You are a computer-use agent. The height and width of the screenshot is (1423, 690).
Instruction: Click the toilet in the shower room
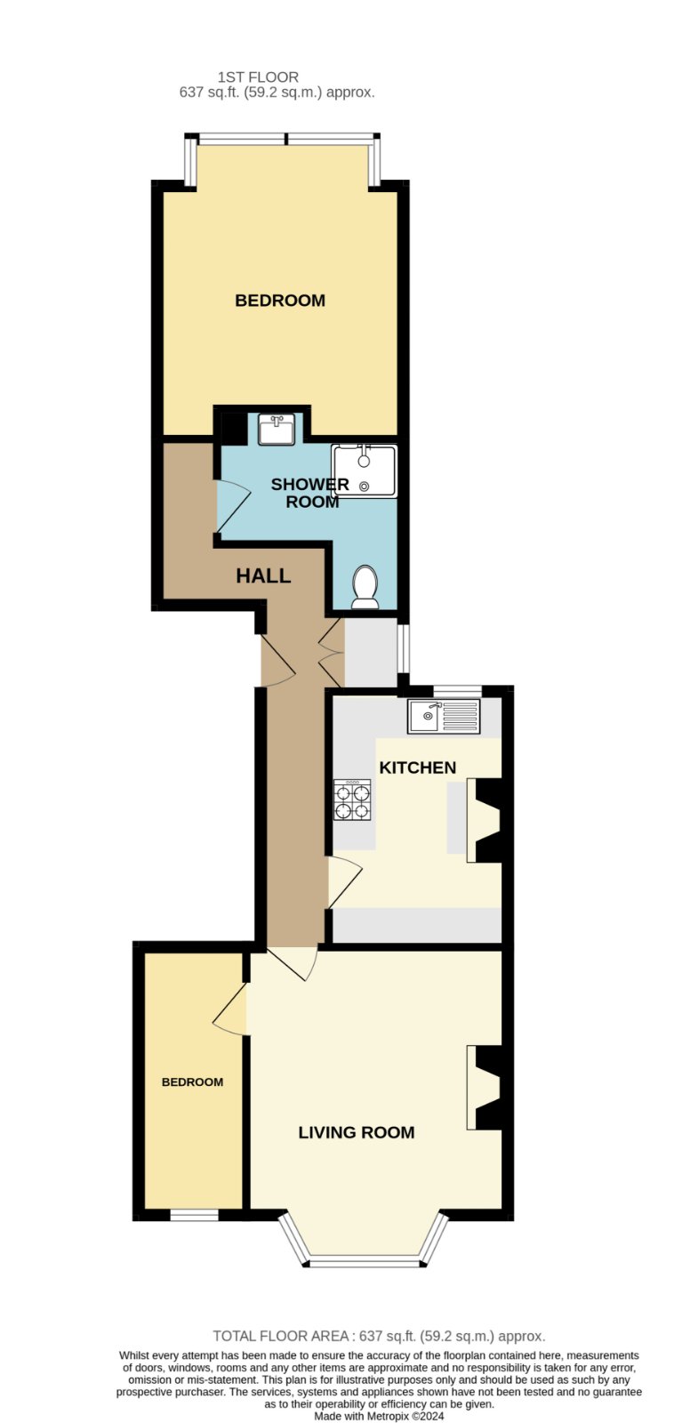(x=365, y=586)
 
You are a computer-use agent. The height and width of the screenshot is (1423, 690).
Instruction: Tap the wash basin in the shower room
(x=277, y=429)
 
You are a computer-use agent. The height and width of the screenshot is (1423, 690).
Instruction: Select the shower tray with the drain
(x=365, y=470)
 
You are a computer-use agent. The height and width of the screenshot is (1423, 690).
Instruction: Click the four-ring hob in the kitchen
(x=353, y=800)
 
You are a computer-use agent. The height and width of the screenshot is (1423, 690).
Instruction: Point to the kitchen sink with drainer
(x=445, y=716)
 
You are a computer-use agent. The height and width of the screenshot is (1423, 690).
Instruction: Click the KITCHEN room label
(x=417, y=768)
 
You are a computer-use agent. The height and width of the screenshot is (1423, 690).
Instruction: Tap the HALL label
(x=263, y=575)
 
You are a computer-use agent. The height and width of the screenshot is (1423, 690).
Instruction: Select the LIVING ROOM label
(x=357, y=1132)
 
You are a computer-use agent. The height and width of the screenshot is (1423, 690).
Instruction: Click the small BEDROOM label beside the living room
(x=193, y=1081)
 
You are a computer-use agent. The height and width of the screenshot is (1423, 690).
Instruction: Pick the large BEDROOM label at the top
(x=280, y=301)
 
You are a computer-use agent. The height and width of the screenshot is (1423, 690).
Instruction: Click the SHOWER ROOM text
(x=310, y=493)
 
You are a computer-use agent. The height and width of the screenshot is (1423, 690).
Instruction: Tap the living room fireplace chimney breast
(x=489, y=1088)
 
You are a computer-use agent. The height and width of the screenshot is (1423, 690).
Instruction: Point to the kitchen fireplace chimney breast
(x=489, y=821)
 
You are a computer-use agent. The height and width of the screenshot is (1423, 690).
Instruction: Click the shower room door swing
(x=232, y=506)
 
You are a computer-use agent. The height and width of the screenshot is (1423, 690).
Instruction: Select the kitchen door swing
(x=344, y=881)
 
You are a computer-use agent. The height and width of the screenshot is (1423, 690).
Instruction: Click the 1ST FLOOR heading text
(x=258, y=77)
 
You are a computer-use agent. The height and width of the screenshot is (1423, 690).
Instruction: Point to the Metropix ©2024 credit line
(x=380, y=1416)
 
